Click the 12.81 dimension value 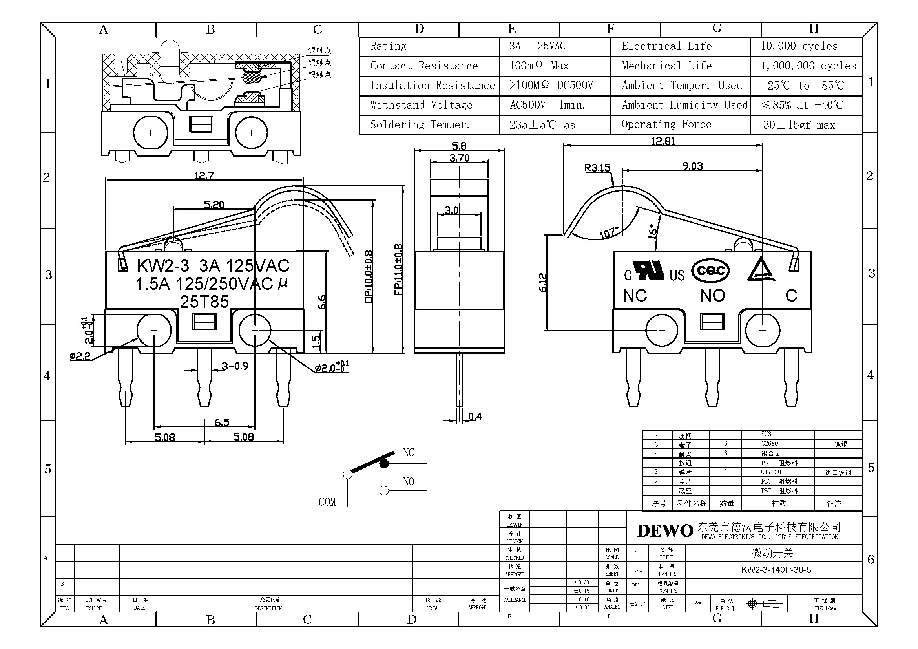pyautogui.click(x=663, y=141)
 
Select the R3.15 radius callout pyautogui.click(x=597, y=168)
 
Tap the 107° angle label pyautogui.click(x=609, y=233)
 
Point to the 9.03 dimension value pyautogui.click(x=692, y=166)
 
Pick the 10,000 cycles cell pyautogui.click(x=799, y=46)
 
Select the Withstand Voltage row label pyautogui.click(x=421, y=105)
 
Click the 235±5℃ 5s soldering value pyautogui.click(x=542, y=125)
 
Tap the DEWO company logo pyautogui.click(x=665, y=531)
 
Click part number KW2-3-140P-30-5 pyautogui.click(x=776, y=569)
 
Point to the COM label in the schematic pyautogui.click(x=327, y=502)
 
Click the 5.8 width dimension pyautogui.click(x=459, y=146)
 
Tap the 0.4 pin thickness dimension pyautogui.click(x=475, y=417)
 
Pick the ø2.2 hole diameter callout pyautogui.click(x=80, y=356)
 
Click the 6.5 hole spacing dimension pyautogui.click(x=222, y=422)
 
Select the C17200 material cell pyautogui.click(x=770, y=472)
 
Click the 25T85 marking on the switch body pyautogui.click(x=204, y=302)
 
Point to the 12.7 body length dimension pyautogui.click(x=204, y=176)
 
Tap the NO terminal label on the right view pyautogui.click(x=712, y=296)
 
